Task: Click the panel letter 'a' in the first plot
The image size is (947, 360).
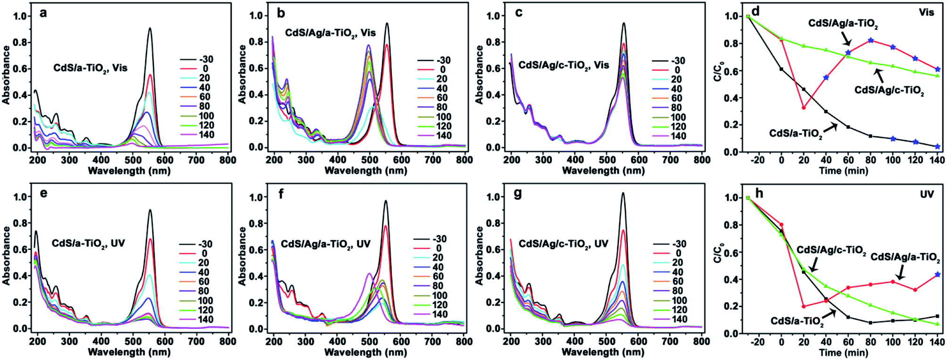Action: coord(43,13)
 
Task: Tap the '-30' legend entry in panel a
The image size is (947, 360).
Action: coord(206,59)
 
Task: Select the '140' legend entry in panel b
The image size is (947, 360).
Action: coord(443,136)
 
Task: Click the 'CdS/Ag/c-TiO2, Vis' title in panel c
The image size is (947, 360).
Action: coord(564,65)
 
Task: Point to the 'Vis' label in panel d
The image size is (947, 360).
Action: coord(926,12)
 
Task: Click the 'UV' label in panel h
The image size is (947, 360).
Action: coord(927,194)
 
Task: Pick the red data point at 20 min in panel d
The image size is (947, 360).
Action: coord(804,108)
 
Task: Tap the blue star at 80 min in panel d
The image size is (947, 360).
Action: coord(871,41)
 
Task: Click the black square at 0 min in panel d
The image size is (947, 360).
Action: coord(781,69)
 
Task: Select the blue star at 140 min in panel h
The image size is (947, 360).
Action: coord(938,274)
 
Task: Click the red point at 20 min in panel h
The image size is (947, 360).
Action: coord(804,306)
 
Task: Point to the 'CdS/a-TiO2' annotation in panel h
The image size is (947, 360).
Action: coord(797,321)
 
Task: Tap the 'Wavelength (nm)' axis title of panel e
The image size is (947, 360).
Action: coord(129,352)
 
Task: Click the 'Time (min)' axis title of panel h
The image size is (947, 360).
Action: coord(843,352)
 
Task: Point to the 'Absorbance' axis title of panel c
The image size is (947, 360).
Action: coord(479,75)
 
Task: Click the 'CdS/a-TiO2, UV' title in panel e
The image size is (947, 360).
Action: coord(88,243)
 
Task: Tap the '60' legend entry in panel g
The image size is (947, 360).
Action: coord(677,282)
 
